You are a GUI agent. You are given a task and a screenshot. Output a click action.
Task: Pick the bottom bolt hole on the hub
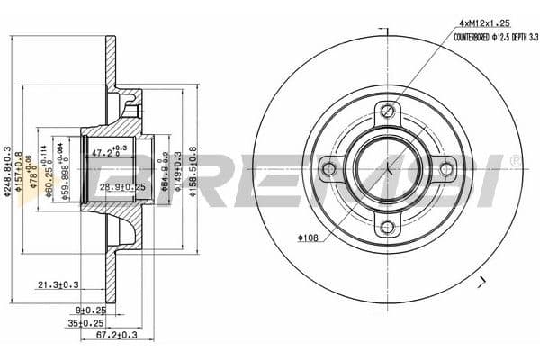388,227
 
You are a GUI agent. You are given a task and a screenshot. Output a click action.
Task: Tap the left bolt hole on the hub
329,168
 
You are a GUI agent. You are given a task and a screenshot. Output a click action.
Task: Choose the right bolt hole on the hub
446,168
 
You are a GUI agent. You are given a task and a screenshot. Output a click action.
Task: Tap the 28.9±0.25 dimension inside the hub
121,187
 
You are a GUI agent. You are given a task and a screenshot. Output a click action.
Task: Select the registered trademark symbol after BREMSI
514,161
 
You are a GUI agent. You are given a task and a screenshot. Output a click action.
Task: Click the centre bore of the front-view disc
388,168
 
